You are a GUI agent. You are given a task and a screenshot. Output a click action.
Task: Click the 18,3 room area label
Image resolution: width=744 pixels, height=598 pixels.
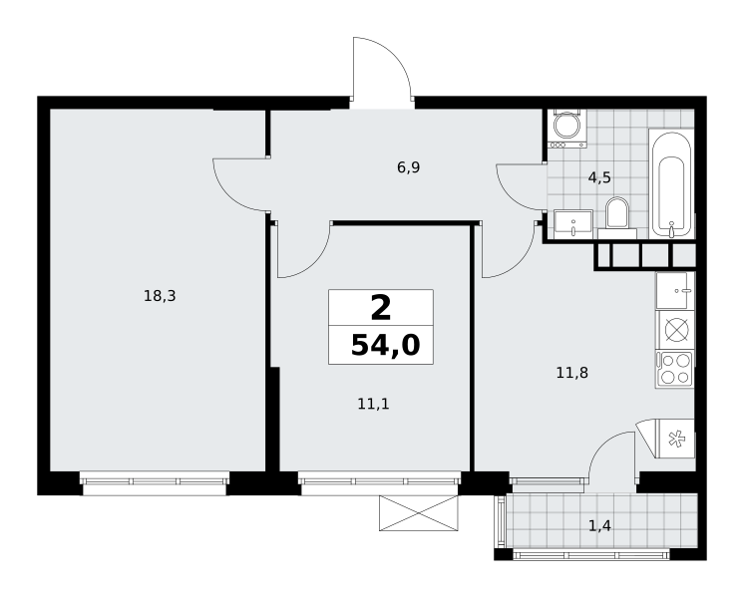pyautogui.click(x=160, y=296)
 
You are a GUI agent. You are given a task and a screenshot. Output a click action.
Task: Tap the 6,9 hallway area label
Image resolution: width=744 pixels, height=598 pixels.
pyautogui.click(x=409, y=167)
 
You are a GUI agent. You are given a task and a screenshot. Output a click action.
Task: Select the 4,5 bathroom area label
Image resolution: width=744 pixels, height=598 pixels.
pyautogui.click(x=599, y=177)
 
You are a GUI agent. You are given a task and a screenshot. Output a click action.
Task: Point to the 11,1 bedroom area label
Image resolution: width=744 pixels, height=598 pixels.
pyautogui.click(x=373, y=404)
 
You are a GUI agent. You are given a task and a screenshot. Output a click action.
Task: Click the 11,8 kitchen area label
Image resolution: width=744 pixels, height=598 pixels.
pyautogui.click(x=572, y=373)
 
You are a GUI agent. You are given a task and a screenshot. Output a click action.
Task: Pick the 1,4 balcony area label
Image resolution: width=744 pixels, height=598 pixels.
pyautogui.click(x=599, y=525)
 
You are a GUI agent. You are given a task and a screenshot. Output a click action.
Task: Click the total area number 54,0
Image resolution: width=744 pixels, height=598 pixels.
pyautogui.click(x=385, y=345)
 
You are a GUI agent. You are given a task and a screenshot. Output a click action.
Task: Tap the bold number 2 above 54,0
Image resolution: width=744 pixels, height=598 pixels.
pyautogui.click(x=381, y=308)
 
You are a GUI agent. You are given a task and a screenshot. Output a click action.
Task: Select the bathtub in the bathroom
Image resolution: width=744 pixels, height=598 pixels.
pyautogui.click(x=671, y=184)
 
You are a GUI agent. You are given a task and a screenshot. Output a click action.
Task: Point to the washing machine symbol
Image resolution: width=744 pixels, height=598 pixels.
pyautogui.click(x=566, y=129)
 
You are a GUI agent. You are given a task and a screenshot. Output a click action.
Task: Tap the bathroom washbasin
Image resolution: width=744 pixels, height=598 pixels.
pyautogui.click(x=573, y=224)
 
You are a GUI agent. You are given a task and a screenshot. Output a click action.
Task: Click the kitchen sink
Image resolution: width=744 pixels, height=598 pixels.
pyautogui.click(x=675, y=291)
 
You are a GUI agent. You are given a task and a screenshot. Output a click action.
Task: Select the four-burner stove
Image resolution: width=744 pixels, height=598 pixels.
pyautogui.click(x=674, y=370)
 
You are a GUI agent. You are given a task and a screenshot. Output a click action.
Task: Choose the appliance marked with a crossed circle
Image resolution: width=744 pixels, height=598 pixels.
pyautogui.click(x=674, y=330)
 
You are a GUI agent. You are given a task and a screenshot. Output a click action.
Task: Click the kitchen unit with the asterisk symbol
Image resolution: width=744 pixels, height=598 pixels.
pyautogui.click(x=674, y=439)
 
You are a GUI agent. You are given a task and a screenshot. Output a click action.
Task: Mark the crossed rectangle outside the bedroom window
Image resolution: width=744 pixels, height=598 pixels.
pyautogui.click(x=419, y=513)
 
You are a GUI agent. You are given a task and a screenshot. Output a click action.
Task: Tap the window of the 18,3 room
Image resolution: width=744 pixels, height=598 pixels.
pyautogui.click(x=155, y=482)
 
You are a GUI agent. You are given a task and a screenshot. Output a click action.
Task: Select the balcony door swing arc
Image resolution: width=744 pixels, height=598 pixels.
pyautogui.click(x=601, y=445)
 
